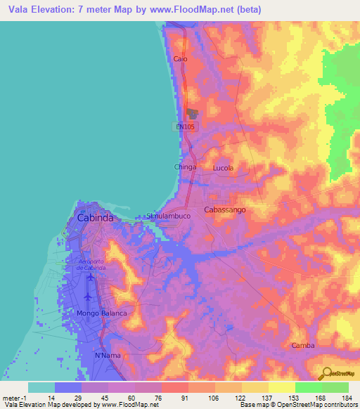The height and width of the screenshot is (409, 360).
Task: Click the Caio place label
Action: (180, 59)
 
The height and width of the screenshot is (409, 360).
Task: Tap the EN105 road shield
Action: (186, 126)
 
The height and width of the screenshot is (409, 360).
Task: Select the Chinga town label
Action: (186, 167)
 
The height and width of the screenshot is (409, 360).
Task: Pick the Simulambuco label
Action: (168, 216)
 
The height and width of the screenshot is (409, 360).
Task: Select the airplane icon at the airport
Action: (91, 278)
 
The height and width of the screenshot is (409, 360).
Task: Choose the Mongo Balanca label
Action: (102, 313)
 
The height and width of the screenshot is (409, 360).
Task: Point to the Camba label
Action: (303, 346)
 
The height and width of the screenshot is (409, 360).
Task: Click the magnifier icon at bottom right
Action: (326, 374)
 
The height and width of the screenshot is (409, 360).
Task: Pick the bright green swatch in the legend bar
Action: (308, 387)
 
